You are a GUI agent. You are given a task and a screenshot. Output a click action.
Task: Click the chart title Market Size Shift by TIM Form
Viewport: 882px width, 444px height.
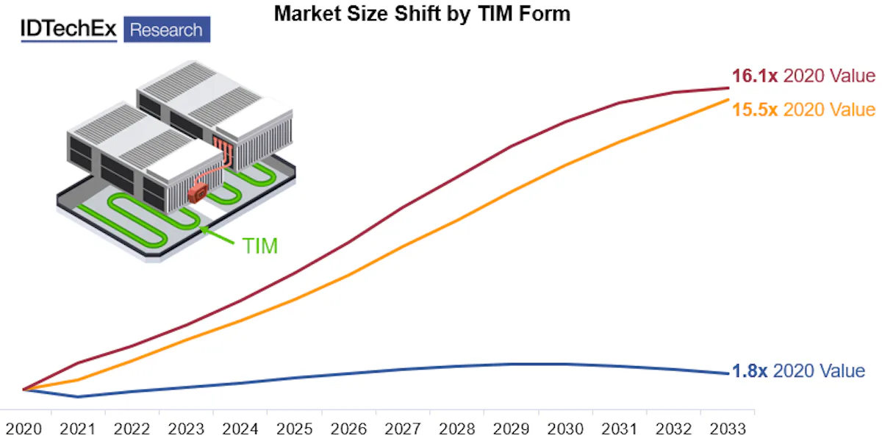[x=422, y=13]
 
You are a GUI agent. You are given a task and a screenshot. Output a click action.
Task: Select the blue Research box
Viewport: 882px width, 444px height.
[x=166, y=30]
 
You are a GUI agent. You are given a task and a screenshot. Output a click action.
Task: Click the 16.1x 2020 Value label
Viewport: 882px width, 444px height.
[x=803, y=76]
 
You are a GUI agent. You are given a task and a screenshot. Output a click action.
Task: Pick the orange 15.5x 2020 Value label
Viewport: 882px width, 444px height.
[x=803, y=110]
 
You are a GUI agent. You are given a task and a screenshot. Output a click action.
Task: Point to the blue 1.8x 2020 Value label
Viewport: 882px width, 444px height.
[x=798, y=371]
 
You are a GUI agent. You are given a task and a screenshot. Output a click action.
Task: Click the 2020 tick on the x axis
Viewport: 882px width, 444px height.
[x=24, y=429]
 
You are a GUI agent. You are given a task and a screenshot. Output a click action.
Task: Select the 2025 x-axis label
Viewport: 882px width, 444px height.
[x=294, y=429]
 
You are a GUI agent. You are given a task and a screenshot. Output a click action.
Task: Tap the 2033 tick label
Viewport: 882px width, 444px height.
[x=728, y=429]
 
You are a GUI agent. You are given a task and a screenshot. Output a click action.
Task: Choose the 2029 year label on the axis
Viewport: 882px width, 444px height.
[x=511, y=429]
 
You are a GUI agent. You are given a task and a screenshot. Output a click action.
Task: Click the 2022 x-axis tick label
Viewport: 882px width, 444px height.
[x=132, y=429]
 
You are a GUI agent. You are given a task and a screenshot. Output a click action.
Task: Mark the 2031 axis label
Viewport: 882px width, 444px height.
[x=620, y=429]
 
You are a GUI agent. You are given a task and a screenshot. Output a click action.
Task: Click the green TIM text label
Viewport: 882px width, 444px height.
[x=260, y=246]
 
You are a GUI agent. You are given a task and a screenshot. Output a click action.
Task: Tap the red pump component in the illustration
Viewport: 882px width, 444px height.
[x=198, y=193]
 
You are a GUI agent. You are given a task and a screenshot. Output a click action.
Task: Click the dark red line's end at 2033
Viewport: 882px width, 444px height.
[x=728, y=88]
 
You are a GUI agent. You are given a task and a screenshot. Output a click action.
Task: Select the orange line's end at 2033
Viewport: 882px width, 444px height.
[x=728, y=99]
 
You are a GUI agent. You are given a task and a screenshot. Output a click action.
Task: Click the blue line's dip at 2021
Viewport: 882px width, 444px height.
[x=78, y=397]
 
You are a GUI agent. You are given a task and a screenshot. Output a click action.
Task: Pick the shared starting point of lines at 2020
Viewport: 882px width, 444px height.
[x=24, y=389]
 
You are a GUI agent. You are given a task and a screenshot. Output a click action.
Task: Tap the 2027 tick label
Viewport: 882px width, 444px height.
[x=403, y=429]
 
